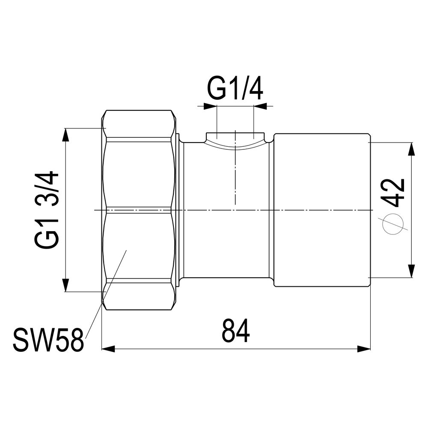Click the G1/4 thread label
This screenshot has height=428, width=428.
pyautogui.click(x=235, y=89)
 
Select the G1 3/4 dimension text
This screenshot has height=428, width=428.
pyautogui.click(x=47, y=210)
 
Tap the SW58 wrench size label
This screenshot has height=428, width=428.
pyautogui.click(x=48, y=340)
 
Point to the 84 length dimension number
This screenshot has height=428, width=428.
pyautogui.click(x=235, y=331)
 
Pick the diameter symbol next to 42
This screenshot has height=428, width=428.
pyautogui.click(x=393, y=224)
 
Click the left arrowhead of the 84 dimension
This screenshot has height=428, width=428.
pyautogui.click(x=108, y=348)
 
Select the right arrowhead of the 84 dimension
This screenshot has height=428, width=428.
pyautogui.click(x=364, y=348)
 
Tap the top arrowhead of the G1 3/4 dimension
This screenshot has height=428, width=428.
pyautogui.click(x=65, y=135)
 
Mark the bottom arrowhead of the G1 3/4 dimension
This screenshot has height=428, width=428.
pyautogui.click(x=65, y=285)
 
